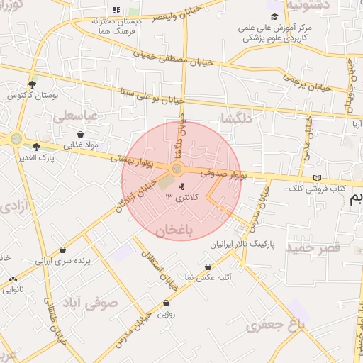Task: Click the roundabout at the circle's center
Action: click(177, 169)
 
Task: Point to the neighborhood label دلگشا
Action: click(235, 118)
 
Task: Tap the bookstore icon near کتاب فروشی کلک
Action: click(317, 178)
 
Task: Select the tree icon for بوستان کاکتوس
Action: click(32, 84)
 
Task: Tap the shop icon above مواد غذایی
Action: click(80, 133)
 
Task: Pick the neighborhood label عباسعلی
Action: click(79, 115)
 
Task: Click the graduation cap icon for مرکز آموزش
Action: click(274, 16)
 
